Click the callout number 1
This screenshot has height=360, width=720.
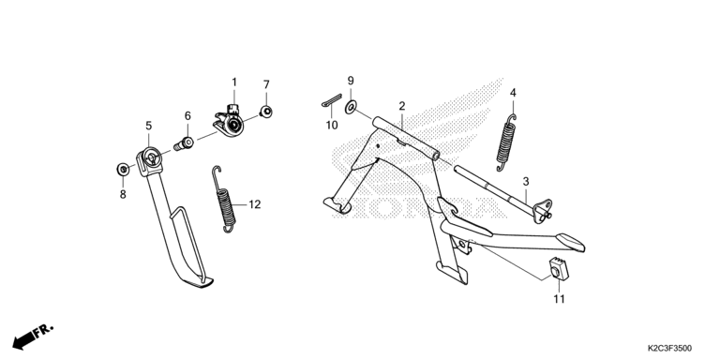[234, 82]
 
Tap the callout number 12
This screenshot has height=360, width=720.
[255, 204]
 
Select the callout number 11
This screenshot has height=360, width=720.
[559, 299]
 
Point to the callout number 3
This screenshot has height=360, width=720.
[526, 181]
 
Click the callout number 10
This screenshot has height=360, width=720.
[332, 125]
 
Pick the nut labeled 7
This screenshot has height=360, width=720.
[266, 112]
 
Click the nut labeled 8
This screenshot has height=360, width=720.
[123, 169]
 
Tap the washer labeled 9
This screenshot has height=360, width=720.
[351, 108]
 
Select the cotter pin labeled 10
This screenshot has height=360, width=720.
[332, 100]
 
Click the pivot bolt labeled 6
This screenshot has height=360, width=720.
[184, 143]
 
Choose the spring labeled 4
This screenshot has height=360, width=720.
[506, 142]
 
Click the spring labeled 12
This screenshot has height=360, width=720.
[225, 200]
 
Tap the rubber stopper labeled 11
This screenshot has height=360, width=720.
[559, 270]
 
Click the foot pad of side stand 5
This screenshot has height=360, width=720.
[201, 281]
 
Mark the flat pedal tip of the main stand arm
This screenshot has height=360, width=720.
[570, 243]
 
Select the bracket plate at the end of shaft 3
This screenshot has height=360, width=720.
[542, 211]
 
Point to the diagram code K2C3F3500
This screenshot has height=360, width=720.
[669, 349]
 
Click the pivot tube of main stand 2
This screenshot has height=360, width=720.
[406, 138]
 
